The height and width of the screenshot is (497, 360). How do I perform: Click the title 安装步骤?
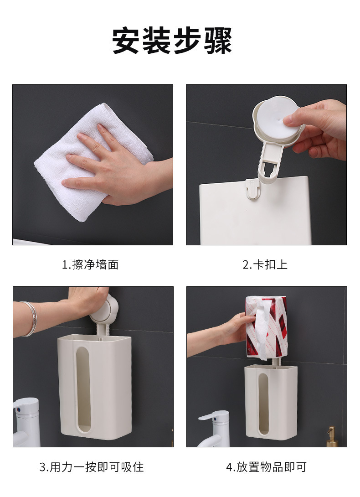click(x=172, y=41)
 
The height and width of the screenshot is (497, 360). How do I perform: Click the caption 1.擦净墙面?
click(x=90, y=264)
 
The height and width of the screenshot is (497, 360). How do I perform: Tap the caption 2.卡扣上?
click(x=265, y=264)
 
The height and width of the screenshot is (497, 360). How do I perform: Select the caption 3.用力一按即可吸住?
click(x=92, y=467)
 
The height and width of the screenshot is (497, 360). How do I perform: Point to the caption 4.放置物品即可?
click(x=266, y=467)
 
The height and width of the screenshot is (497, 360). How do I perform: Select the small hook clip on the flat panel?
click(x=252, y=188)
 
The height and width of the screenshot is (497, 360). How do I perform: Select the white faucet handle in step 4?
click(x=213, y=416)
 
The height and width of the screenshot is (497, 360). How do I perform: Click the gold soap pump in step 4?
click(x=331, y=435)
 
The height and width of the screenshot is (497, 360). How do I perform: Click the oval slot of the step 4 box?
click(x=263, y=404)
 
